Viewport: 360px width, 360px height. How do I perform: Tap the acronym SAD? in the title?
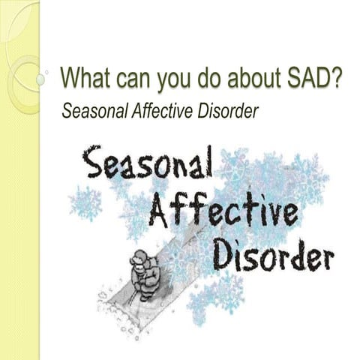(313, 77)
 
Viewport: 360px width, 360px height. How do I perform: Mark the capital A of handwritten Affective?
(159, 211)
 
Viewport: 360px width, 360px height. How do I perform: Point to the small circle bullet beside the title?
(49, 76)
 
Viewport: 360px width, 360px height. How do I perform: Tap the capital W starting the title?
(69, 77)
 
